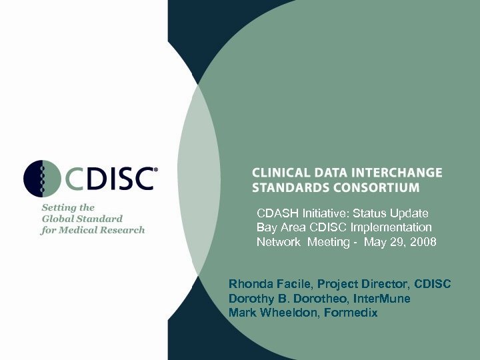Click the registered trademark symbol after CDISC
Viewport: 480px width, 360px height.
coord(156,170)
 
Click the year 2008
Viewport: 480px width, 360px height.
coord(422,243)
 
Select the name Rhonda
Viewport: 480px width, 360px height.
coord(247,285)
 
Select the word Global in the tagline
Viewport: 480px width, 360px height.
coord(57,219)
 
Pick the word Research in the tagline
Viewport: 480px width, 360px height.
coord(125,230)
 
